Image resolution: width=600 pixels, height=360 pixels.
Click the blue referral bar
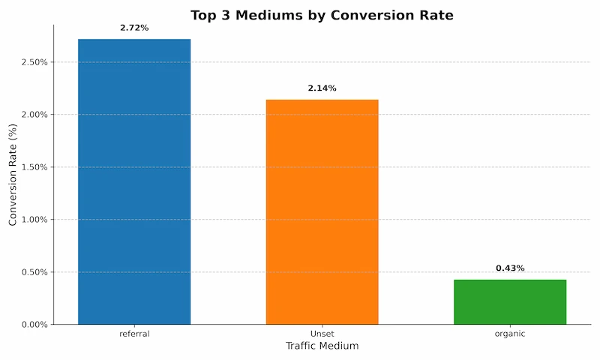[134, 181]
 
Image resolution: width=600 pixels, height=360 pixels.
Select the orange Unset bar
[322, 211]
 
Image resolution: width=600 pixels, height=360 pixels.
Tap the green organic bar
[510, 301]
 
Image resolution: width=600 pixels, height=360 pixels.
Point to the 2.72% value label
[134, 28]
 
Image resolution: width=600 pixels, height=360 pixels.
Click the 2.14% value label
[322, 88]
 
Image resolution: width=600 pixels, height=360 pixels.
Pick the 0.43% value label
[510, 268]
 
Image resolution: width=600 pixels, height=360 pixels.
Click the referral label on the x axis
[134, 334]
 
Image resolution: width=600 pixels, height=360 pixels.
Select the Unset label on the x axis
[322, 334]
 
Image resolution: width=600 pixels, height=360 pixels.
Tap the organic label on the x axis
[510, 334]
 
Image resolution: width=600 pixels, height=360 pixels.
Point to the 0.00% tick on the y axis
[34, 325]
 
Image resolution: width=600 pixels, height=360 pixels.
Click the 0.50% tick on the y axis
[34, 272]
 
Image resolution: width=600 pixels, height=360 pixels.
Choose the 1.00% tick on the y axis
[34, 220]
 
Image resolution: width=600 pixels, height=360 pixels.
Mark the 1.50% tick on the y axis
[34, 167]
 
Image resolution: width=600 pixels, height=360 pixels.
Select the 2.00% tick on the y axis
[34, 115]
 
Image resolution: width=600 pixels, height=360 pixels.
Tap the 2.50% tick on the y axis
[34, 62]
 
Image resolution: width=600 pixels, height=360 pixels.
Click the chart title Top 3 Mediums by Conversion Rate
[322, 15]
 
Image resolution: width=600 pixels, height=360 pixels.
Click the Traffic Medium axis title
[322, 346]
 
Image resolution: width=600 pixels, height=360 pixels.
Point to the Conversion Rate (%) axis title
[13, 174]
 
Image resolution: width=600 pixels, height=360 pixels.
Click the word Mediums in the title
[273, 15]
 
